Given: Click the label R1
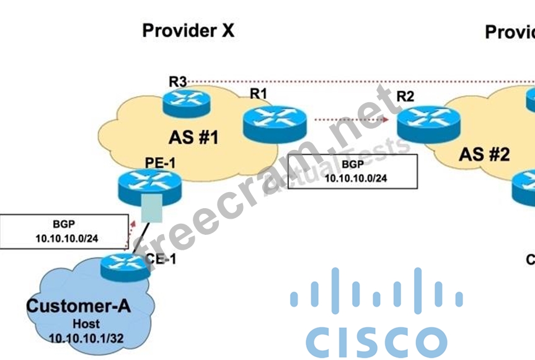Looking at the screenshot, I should point(258,94).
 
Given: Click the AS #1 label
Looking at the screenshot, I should point(193,137).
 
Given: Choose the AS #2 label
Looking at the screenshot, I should point(484,154).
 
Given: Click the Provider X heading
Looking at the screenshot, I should point(188,30).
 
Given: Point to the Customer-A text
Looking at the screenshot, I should point(78,306).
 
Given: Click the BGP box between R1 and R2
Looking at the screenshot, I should point(353,172).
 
